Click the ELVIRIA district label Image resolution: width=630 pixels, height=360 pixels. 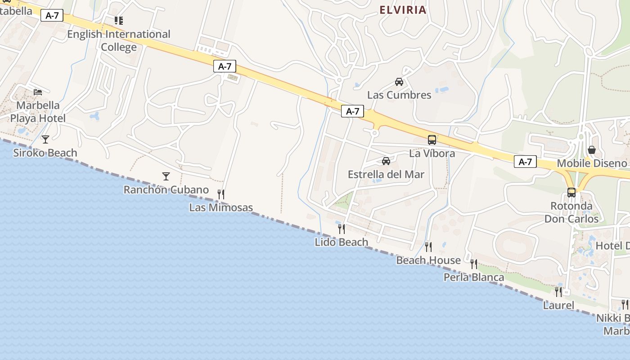coord(403,10)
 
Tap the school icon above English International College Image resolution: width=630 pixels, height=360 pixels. coord(119,20)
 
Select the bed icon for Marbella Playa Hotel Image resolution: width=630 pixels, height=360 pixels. coord(38,92)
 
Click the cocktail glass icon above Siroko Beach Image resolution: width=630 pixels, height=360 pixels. coord(45,139)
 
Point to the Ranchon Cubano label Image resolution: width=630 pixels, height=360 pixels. coord(166,190)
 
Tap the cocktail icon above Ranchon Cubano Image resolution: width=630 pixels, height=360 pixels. coord(166,176)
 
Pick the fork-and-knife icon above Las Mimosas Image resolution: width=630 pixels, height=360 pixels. coord(221,194)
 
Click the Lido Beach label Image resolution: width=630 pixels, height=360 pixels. coord(341,242)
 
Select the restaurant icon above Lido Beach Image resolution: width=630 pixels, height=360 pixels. coord(342,229)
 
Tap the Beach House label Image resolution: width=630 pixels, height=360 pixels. coord(428,260)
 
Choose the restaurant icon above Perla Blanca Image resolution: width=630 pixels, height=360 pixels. coord(474,264)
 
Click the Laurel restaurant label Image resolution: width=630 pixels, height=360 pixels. coord(558,306)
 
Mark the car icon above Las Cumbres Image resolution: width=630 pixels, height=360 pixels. coord(399,82)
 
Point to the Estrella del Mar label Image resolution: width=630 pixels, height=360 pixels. coord(386,175)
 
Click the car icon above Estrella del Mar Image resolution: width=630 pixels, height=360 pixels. coord(386,161)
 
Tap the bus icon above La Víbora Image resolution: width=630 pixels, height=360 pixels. coord(432,140)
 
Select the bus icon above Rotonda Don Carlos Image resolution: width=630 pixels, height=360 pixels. coord(571,193)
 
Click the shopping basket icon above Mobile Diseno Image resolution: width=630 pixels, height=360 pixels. coord(592,150)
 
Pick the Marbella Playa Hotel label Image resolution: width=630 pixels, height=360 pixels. coord(38,112)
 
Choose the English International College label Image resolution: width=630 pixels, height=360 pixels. coord(119,40)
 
